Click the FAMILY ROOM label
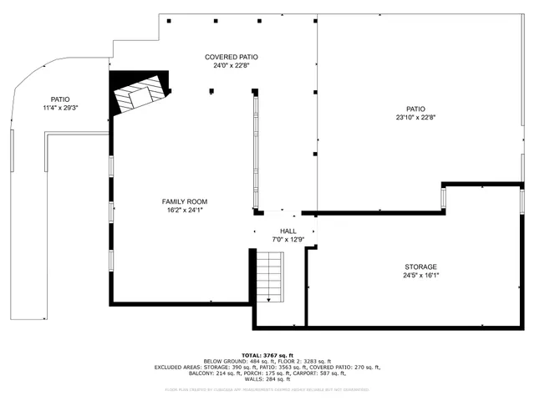184,201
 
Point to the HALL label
288,231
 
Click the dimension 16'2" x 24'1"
184,211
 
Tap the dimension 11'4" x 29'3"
60,107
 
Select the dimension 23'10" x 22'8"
415,118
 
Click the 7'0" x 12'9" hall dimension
288,240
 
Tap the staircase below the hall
269,276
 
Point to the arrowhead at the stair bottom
269,299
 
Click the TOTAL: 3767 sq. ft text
267,354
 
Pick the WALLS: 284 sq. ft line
267,379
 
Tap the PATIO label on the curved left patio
60,99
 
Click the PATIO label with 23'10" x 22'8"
415,109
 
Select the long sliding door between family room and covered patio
254,150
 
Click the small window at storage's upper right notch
443,198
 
